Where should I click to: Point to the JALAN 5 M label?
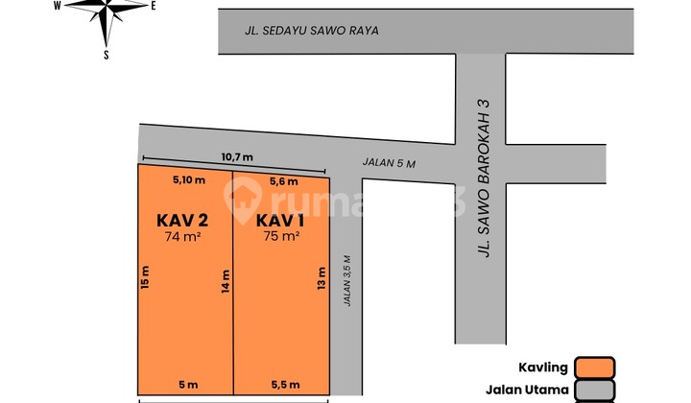click(x=389, y=163)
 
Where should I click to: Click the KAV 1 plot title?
click(x=280, y=219)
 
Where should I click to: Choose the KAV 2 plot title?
click(x=182, y=219)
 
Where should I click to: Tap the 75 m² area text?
click(x=280, y=235)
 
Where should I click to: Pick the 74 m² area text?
click(x=182, y=235)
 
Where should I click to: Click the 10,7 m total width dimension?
click(x=236, y=156)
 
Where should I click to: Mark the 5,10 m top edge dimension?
click(x=187, y=179)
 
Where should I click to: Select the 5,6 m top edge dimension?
click(x=284, y=180)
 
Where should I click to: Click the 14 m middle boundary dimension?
click(x=225, y=280)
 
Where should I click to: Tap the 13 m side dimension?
click(x=320, y=279)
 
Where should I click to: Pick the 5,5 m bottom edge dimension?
click(x=286, y=384)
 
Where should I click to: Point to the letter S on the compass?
click(x=106, y=55)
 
